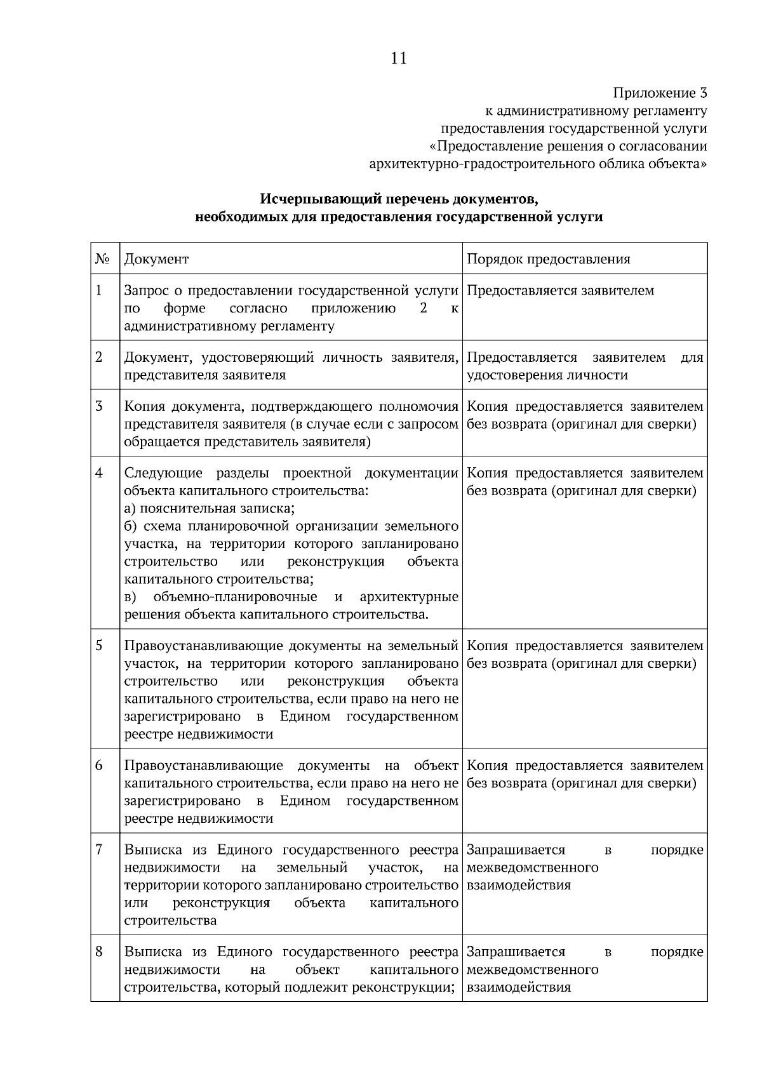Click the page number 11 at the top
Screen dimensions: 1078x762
399,59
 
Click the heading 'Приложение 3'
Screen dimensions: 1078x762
660,93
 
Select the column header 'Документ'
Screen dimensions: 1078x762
156,259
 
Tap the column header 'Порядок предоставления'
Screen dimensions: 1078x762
549,259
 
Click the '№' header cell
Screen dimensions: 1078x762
103,259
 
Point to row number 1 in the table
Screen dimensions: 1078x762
99,291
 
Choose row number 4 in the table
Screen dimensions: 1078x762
99,473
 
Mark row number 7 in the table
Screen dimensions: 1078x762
99,849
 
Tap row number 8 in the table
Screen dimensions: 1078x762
99,952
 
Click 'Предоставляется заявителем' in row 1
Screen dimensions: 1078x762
560,291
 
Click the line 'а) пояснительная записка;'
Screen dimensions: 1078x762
210,509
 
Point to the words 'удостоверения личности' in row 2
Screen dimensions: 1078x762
547,375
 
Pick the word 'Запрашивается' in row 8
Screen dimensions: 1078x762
516,952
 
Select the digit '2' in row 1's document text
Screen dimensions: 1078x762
424,309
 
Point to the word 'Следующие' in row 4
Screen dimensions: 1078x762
163,473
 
